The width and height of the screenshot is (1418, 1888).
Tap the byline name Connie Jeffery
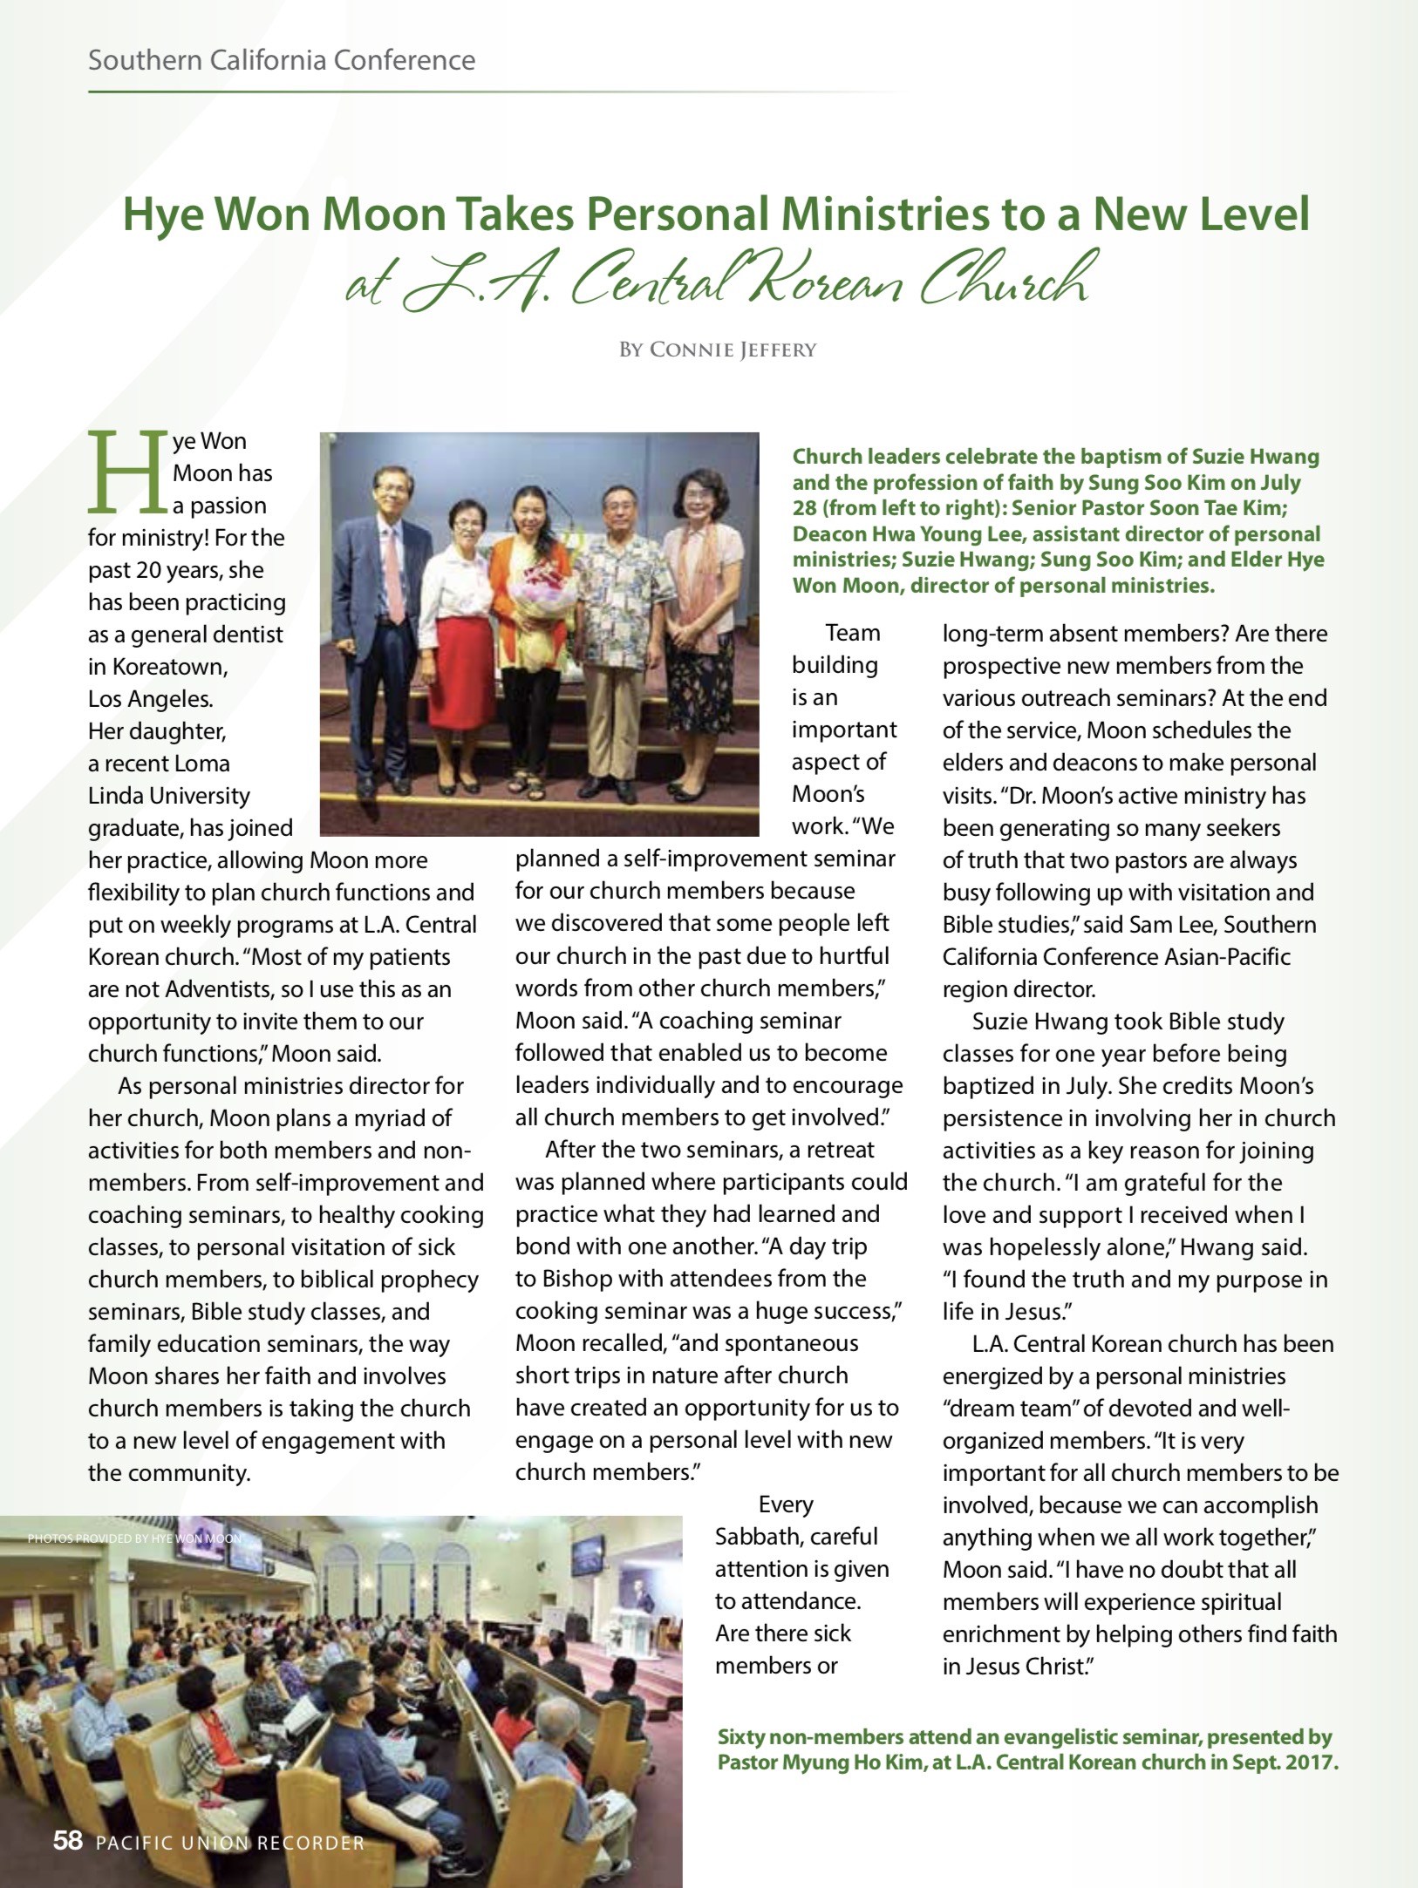(x=733, y=350)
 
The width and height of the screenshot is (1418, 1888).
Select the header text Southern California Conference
(x=282, y=60)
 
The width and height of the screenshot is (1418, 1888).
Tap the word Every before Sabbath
(x=786, y=1504)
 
